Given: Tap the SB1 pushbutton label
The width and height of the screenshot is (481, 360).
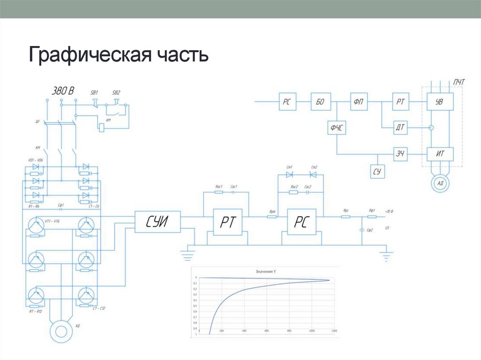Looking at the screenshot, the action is pyautogui.click(x=94, y=93).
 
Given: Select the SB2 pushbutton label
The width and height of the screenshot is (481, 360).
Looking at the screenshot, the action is pyautogui.click(x=116, y=93).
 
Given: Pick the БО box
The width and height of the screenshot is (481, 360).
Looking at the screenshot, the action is pyautogui.click(x=321, y=101).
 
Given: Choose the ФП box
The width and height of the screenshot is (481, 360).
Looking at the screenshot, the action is pyautogui.click(x=358, y=101).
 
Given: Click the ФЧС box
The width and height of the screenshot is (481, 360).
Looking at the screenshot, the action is pyautogui.click(x=336, y=127).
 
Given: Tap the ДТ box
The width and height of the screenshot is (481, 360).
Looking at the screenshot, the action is pyautogui.click(x=401, y=127).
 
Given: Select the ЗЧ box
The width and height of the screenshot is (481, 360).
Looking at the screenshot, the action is pyautogui.click(x=401, y=154).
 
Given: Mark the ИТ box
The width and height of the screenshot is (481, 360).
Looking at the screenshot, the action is pyautogui.click(x=440, y=154).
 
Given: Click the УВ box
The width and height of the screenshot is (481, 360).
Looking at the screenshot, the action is pyautogui.click(x=440, y=101).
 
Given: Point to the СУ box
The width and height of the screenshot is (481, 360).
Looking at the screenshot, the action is pyautogui.click(x=377, y=171).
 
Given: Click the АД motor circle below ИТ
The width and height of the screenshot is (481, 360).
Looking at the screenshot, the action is pyautogui.click(x=440, y=183).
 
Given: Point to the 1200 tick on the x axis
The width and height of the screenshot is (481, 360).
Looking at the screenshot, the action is pyautogui.click(x=334, y=332).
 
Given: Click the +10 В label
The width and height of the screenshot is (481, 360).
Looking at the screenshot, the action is pyautogui.click(x=388, y=212).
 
